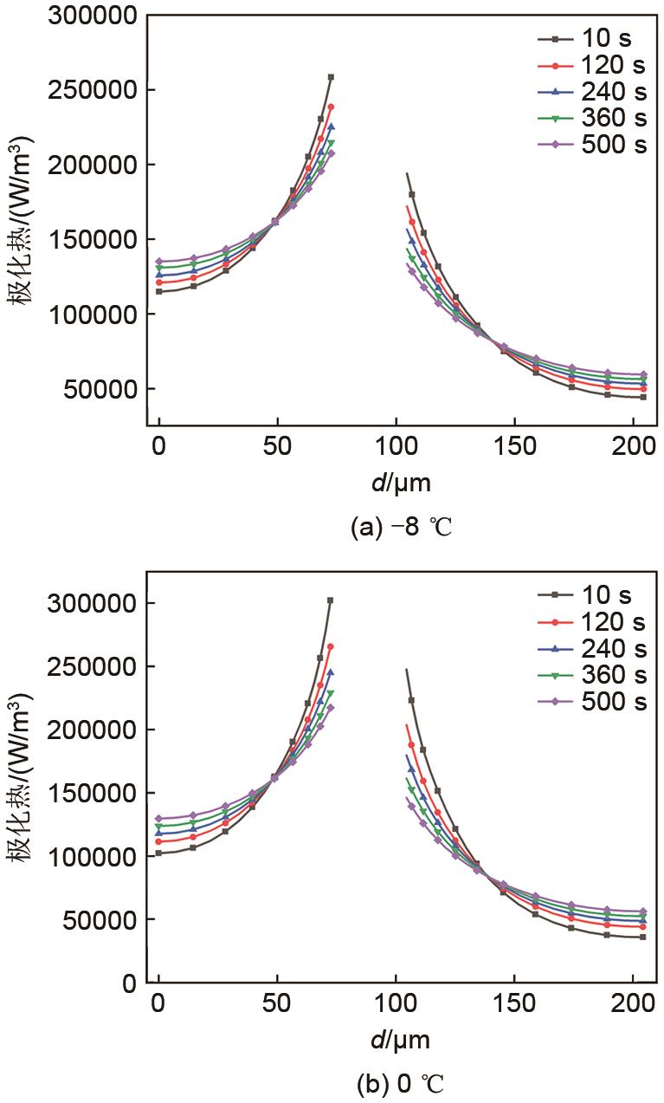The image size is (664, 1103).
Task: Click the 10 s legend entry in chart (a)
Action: pos(592,39)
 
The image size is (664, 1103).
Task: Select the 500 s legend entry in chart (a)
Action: pos(592,146)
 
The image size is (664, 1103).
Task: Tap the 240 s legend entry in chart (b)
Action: pos(592,648)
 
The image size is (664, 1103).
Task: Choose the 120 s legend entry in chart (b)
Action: pos(592,622)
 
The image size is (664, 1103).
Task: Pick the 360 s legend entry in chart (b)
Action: pos(592,675)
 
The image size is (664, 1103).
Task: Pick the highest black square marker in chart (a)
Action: pos(331,77)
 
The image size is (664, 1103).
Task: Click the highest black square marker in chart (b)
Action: pos(330,600)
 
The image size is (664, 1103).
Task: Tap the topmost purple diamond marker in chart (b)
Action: pos(331,708)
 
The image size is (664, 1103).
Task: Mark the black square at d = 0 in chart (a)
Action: pos(159,292)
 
